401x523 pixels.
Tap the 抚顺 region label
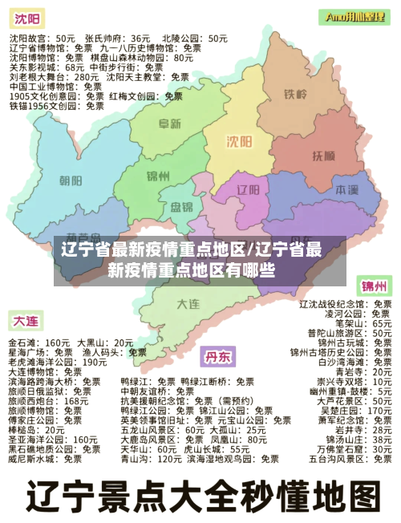322,154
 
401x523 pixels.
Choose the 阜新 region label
168,124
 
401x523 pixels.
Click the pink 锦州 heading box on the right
374,286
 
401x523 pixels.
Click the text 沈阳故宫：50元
42,38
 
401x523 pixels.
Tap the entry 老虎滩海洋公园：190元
57,362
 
